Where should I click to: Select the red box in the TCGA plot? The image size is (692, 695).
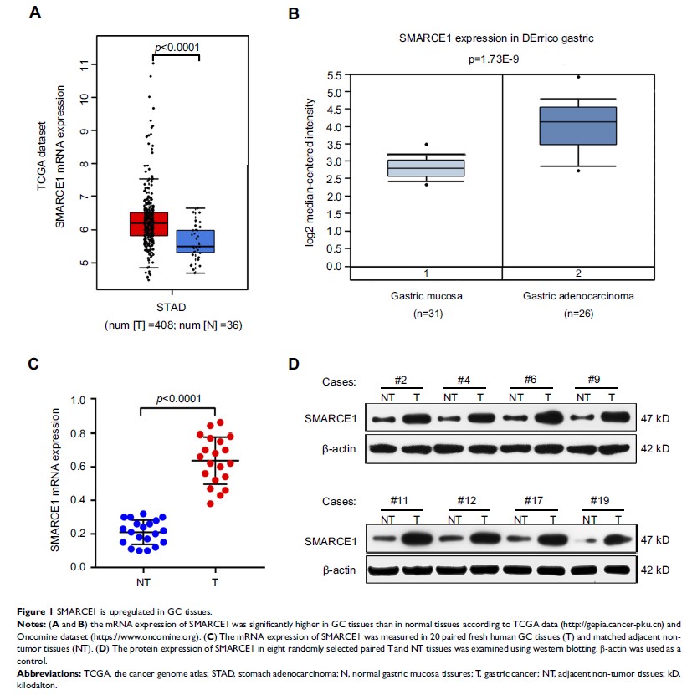[148, 223]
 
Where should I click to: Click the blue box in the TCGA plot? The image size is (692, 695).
[196, 241]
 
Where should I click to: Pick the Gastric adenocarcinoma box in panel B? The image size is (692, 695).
[578, 125]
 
